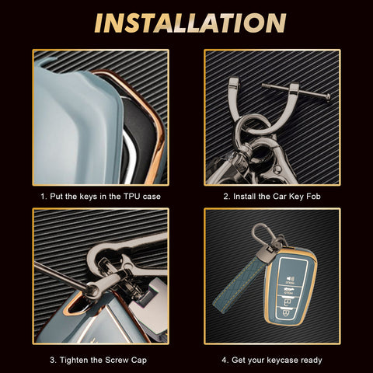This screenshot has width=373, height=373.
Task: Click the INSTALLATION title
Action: [190, 23]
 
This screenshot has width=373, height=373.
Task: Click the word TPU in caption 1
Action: [131, 197]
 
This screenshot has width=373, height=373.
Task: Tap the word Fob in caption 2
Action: [313, 197]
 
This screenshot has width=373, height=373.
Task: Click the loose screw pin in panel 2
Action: [296, 91]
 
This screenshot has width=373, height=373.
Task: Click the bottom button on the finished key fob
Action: [285, 313]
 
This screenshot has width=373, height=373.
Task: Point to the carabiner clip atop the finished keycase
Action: [263, 235]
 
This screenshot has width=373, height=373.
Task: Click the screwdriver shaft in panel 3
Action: [60, 275]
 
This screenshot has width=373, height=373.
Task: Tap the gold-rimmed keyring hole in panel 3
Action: [75, 305]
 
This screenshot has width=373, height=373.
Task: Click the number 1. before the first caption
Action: [44, 197]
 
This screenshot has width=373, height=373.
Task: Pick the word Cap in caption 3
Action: [139, 361]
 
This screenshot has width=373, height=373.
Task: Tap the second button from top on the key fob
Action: [290, 291]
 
